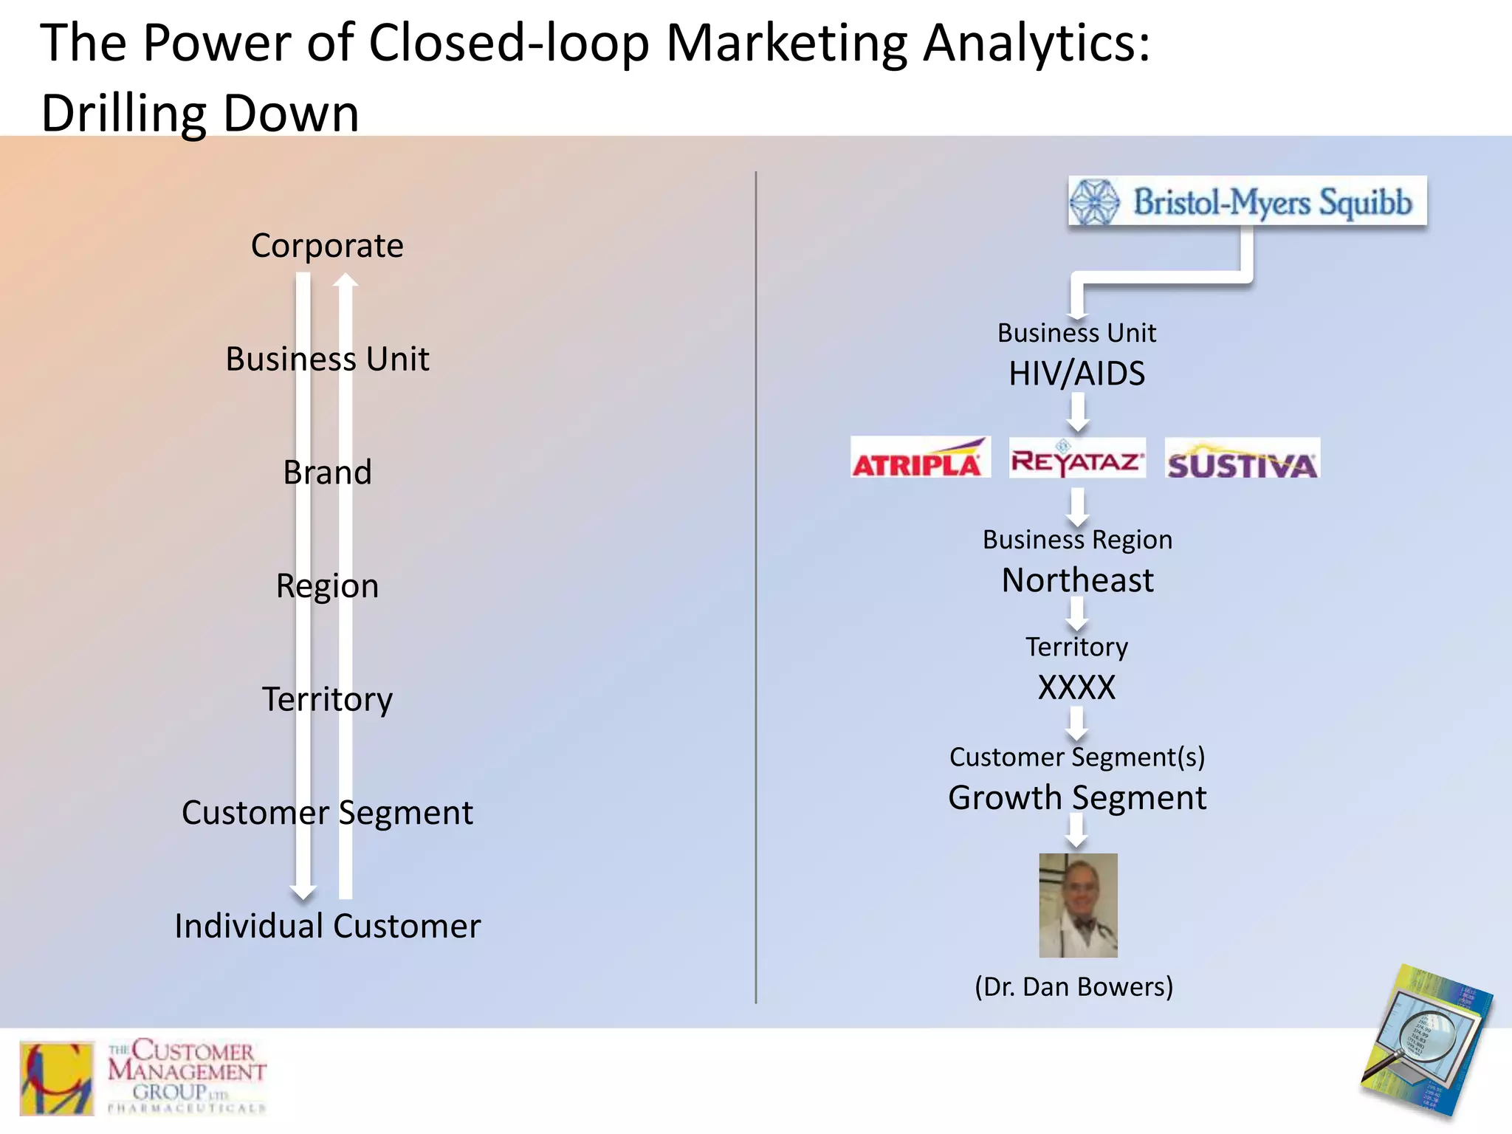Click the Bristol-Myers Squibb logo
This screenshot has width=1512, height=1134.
(x=1247, y=201)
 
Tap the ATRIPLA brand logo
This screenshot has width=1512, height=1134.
(x=919, y=458)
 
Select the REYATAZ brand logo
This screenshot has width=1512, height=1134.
(x=1077, y=458)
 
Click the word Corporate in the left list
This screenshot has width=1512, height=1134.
(x=327, y=246)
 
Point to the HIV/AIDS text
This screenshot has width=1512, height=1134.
(x=1076, y=374)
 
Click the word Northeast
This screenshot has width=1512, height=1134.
(x=1077, y=580)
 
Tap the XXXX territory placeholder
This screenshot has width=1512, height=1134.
(x=1076, y=688)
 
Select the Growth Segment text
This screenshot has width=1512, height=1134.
(x=1076, y=798)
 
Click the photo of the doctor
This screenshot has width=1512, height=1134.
(x=1078, y=905)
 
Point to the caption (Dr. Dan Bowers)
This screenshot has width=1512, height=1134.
(x=1073, y=987)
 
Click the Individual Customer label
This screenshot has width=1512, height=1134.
(x=327, y=926)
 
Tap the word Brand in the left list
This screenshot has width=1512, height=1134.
(x=327, y=472)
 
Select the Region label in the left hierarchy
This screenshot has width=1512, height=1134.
(x=327, y=586)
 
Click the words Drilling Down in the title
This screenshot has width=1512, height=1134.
(x=200, y=114)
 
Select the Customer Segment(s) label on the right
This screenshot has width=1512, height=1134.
(x=1076, y=757)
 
